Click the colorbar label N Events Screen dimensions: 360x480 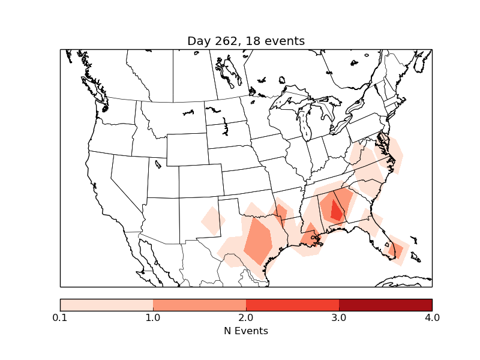245,331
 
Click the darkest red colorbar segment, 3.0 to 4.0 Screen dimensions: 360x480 385,305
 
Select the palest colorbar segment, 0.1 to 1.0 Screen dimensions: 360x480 106,305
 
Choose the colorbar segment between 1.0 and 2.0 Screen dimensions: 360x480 199,305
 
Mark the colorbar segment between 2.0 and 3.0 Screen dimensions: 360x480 292,305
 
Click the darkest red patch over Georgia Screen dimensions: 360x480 337,211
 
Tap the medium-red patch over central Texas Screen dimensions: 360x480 258,240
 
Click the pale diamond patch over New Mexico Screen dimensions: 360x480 212,220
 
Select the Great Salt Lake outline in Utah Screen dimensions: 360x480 158,164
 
